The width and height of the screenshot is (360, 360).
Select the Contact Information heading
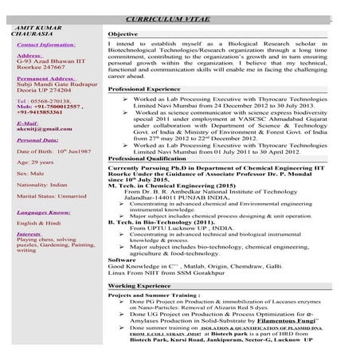coord(46,45)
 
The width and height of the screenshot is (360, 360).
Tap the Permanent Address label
coord(46,80)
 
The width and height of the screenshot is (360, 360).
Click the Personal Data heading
coord(37,139)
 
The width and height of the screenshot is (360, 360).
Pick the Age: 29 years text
coord(33,162)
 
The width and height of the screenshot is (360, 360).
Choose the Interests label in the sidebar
coord(29,235)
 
